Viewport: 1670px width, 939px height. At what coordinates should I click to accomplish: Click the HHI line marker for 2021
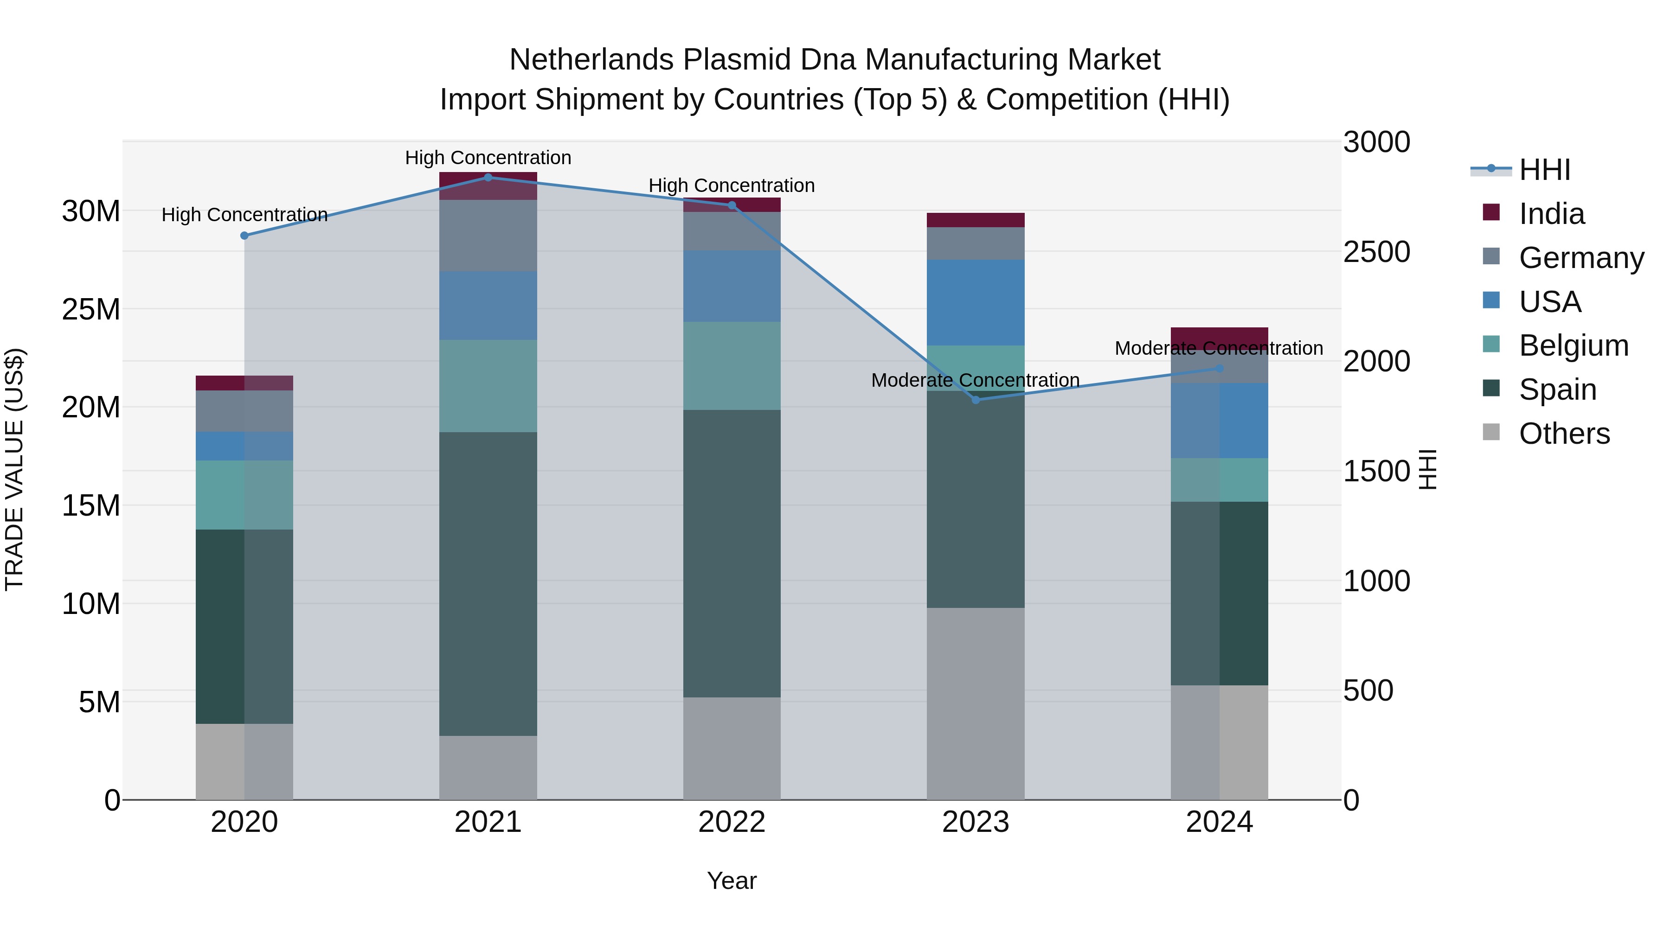click(488, 178)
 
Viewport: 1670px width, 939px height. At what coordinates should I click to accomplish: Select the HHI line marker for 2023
click(976, 400)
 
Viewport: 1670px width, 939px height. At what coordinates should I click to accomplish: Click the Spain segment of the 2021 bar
click(488, 583)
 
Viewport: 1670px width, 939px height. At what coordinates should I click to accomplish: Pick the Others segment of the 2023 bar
click(976, 703)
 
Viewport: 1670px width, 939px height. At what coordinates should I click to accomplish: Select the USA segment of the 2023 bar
click(976, 303)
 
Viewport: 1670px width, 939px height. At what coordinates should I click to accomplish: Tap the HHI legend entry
click(1543, 170)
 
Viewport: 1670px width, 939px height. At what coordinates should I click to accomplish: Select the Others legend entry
click(1564, 434)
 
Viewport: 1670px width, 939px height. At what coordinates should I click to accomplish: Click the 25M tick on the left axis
click(91, 309)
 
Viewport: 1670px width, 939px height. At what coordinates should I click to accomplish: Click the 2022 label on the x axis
click(732, 822)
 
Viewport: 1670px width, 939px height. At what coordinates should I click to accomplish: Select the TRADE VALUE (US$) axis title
click(15, 469)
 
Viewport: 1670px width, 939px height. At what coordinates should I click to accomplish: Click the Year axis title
click(732, 881)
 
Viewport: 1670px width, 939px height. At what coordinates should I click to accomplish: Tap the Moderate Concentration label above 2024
click(1218, 348)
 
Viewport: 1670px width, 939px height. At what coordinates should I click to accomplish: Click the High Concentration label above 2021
click(488, 158)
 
